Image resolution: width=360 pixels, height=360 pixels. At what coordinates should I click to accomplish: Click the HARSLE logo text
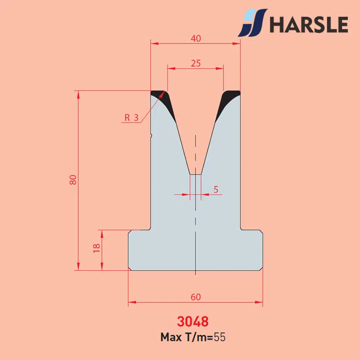309,24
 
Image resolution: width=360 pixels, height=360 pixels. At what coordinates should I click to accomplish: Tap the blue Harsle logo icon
252,23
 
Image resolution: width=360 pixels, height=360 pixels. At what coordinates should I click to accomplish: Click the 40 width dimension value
196,38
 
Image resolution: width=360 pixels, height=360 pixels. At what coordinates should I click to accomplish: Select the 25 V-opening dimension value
196,63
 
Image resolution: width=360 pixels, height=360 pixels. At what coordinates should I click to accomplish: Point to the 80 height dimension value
73,180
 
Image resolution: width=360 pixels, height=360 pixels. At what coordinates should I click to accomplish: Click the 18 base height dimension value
97,248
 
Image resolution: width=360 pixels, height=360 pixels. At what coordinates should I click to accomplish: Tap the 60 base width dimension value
196,297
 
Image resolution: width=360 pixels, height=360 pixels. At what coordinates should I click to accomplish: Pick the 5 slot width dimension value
216,189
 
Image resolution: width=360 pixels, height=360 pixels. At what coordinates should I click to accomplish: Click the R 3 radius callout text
131,117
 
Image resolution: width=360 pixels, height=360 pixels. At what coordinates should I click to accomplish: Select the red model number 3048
193,321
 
